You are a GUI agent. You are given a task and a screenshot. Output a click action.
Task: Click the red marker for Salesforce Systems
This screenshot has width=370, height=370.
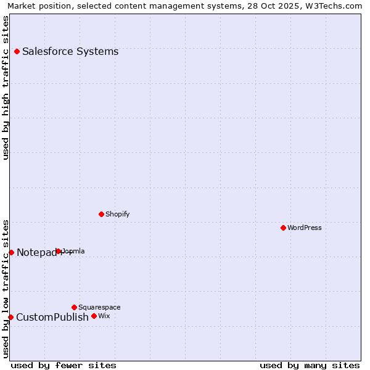pyautogui.click(x=17, y=52)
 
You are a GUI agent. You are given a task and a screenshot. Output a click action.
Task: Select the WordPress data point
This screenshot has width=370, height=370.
pyautogui.click(x=283, y=228)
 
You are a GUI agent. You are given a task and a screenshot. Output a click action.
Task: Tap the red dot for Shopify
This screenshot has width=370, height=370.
pyautogui.click(x=101, y=215)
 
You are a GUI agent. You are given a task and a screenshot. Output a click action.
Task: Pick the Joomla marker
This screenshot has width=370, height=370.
pyautogui.click(x=59, y=252)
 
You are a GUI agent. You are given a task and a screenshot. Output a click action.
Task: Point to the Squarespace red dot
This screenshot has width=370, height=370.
pyautogui.click(x=74, y=307)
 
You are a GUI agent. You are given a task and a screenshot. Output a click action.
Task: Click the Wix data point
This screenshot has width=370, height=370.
pyautogui.click(x=94, y=316)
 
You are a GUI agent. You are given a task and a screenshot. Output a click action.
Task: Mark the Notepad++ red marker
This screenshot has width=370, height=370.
pyautogui.click(x=11, y=252)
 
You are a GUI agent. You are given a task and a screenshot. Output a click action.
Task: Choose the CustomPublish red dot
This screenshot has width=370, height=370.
pyautogui.click(x=10, y=317)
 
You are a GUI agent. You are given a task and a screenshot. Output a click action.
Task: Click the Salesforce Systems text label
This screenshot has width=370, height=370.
pyautogui.click(x=70, y=52)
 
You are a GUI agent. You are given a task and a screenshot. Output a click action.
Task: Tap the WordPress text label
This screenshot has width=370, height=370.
pyautogui.click(x=305, y=228)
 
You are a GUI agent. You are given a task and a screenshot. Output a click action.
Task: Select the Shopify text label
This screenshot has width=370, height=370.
pyautogui.click(x=117, y=215)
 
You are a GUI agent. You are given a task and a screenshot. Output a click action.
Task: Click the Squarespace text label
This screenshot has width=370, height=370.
pyautogui.click(x=99, y=307)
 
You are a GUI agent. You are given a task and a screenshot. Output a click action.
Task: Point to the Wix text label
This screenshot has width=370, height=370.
pyautogui.click(x=104, y=316)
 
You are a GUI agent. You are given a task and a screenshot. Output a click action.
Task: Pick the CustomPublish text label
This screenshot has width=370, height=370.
pyautogui.click(x=52, y=318)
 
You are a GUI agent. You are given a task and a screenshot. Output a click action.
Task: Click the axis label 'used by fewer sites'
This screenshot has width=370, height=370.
pyautogui.click(x=64, y=366)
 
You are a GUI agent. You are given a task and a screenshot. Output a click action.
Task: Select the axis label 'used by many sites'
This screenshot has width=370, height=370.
pyautogui.click(x=310, y=366)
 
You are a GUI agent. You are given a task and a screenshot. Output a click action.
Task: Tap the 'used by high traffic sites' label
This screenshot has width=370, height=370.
pyautogui.click(x=6, y=88)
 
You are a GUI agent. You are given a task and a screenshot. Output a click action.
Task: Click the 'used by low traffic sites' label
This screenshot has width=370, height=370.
pyautogui.click(x=6, y=289)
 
